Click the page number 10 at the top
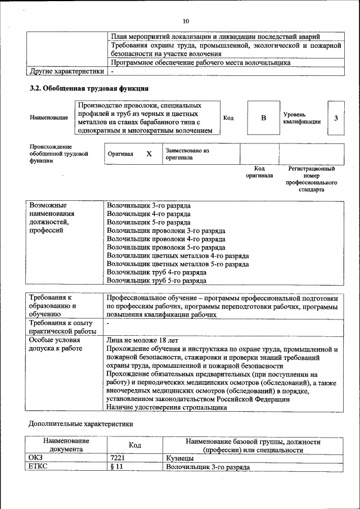click(186, 21)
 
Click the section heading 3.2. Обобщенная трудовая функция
click(89, 89)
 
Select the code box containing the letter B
click(263, 118)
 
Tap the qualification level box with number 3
click(336, 118)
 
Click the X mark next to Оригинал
click(148, 154)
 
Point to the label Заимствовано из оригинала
click(187, 154)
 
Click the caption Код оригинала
click(259, 172)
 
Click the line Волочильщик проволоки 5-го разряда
click(166, 247)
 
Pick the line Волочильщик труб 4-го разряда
click(156, 272)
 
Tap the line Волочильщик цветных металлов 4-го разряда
click(178, 255)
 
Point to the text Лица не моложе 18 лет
click(142, 340)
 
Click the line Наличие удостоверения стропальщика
click(170, 408)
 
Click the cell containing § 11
click(116, 467)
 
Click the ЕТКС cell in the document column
click(39, 467)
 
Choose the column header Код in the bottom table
click(134, 445)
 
